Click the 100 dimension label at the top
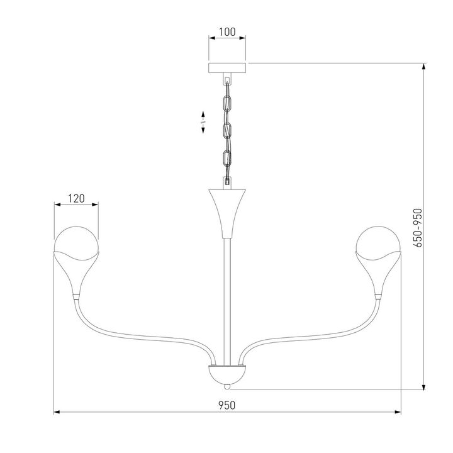[x=227, y=31]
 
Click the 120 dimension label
[x=76, y=198]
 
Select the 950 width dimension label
[x=227, y=405]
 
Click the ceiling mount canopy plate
[x=227, y=67]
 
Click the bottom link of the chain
[x=228, y=160]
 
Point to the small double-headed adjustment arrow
[x=203, y=121]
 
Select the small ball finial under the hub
[x=227, y=387]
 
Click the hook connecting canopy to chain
[x=227, y=81]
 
